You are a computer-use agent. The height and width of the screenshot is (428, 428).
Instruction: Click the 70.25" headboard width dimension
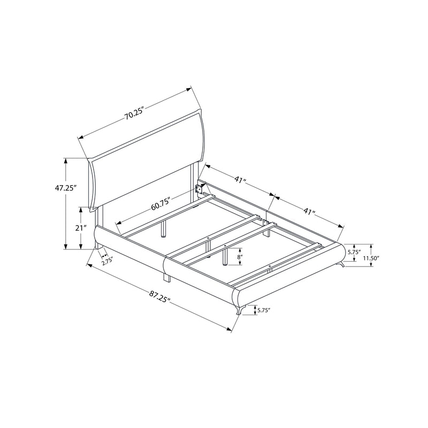[x=134, y=114]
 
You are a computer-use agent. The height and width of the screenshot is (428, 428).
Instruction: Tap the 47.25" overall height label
[x=64, y=188]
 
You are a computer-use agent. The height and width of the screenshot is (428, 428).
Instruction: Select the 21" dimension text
[x=81, y=228]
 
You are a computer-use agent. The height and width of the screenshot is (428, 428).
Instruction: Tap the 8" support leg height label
[x=239, y=257]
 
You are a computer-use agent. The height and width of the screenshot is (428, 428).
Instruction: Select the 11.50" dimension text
[x=371, y=257]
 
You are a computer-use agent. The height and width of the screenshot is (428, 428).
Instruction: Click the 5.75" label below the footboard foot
[x=264, y=310]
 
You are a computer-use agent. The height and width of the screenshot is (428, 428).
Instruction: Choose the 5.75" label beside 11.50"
[x=354, y=252]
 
